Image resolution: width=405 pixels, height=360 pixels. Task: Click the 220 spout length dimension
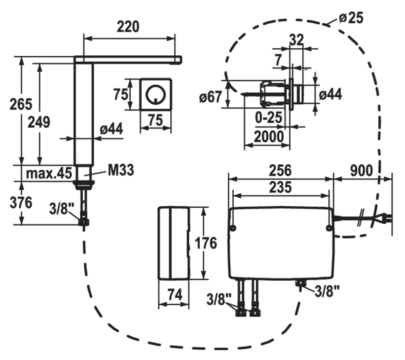point(128,27)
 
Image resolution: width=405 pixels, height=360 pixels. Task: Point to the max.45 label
point(49,173)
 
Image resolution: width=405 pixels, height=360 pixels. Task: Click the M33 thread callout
point(121,170)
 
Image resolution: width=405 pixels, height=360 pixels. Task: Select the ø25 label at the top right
point(351,18)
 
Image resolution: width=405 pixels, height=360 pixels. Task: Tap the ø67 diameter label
point(210,97)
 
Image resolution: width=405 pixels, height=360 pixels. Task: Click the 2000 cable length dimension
point(269,136)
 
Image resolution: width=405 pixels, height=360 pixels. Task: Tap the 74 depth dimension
point(174,295)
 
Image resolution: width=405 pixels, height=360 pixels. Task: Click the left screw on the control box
point(233,228)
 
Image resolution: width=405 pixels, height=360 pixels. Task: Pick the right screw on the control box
point(329,228)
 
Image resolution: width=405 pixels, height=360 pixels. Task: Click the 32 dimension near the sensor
point(296,40)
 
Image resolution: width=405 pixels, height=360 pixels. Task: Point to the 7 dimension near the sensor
point(279,60)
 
